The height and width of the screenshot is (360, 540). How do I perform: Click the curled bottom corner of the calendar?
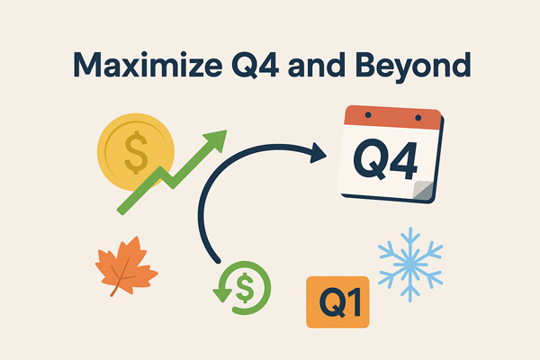(423, 190)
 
